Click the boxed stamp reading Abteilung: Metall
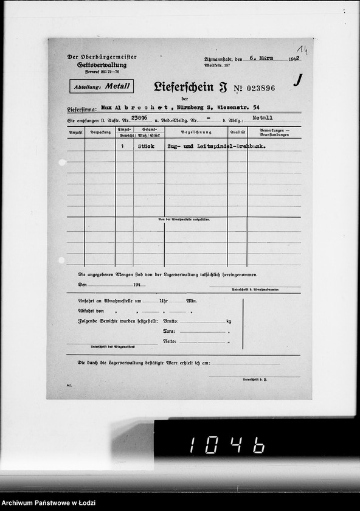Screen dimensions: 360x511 click(102, 86)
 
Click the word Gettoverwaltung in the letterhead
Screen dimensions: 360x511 click(102, 64)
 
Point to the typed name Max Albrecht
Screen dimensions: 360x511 click(126, 108)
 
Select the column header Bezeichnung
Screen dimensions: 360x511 click(196, 131)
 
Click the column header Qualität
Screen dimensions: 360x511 click(237, 131)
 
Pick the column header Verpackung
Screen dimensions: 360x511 click(100, 131)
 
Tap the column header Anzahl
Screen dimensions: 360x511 click(75, 131)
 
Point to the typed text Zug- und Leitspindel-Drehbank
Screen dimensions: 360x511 click(216, 146)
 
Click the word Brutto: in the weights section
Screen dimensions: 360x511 click(171, 321)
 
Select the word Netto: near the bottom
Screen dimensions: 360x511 click(170, 341)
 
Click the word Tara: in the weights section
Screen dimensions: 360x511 click(170, 331)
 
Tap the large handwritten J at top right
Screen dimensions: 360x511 click(297, 80)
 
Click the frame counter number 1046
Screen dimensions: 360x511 click(227, 446)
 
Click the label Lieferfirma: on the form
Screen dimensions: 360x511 click(82, 109)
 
